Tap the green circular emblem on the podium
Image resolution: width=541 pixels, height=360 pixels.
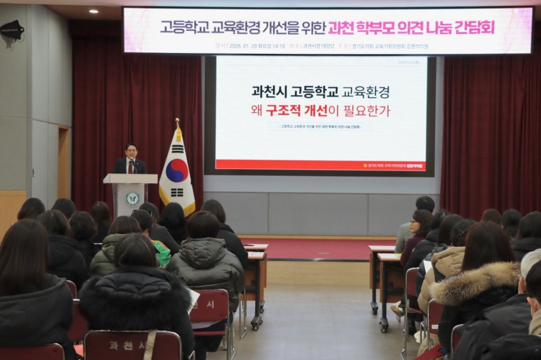point(133,198)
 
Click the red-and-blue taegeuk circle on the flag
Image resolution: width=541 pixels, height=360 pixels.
point(177,170)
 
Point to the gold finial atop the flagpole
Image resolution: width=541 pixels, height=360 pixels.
point(177,122)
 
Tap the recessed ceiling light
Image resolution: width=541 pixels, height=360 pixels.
point(93,11)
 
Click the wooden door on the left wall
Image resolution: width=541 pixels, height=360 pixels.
point(63,162)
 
